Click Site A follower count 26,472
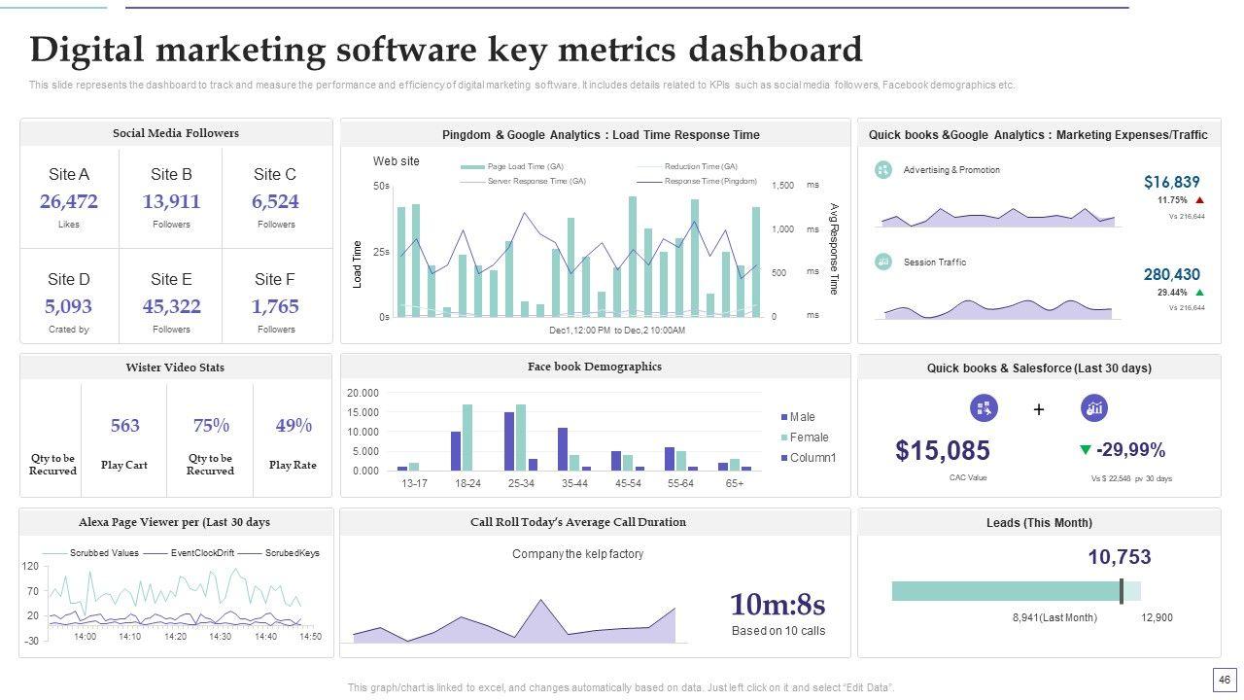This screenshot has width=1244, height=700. pos(68,201)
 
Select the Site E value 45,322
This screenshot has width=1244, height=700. pos(171,306)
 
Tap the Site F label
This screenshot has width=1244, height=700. pos(274,279)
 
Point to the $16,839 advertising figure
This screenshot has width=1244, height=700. pos(1171,182)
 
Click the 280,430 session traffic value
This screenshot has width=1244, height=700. pos(1171,274)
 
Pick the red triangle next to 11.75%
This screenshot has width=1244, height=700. pos(1199,200)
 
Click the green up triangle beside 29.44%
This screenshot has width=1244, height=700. pos(1199,293)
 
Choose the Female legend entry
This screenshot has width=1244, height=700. pos(809,437)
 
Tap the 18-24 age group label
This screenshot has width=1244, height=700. pos(467,483)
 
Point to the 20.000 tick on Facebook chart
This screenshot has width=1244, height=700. pos(363,393)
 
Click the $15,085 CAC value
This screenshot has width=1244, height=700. pos(942,450)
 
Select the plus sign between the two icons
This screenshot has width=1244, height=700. pos(1038,409)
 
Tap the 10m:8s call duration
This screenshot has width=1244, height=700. pos(777,605)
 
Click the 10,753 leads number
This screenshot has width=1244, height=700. pos(1119,557)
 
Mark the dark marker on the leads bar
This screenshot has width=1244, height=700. pos(1122,591)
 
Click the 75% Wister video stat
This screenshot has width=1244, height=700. pos(211,426)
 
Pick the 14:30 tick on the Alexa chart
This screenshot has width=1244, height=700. pos(220,637)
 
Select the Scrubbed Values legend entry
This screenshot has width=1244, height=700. pos(104,553)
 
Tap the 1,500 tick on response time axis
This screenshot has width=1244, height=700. pos(782,186)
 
